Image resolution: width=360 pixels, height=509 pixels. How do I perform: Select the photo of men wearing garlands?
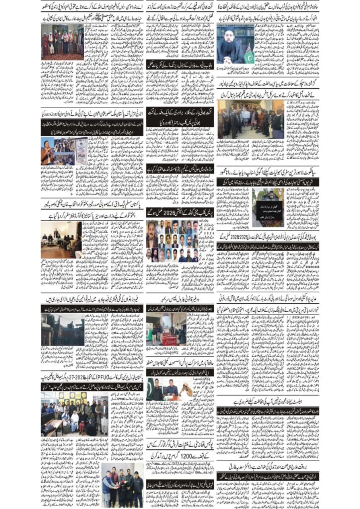pyautogui.click(x=63, y=42)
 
